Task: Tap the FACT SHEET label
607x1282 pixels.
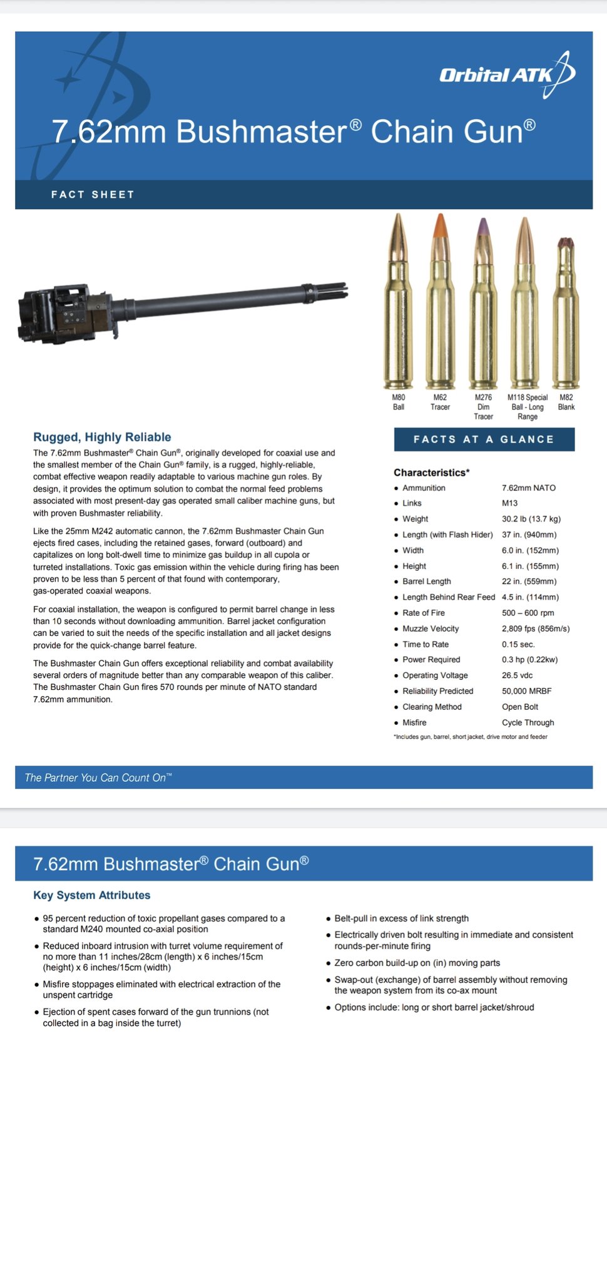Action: (93, 195)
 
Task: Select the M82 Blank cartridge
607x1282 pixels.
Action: (566, 313)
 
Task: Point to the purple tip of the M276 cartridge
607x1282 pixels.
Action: (482, 226)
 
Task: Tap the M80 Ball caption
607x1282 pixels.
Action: (399, 402)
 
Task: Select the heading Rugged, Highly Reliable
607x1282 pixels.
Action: (102, 437)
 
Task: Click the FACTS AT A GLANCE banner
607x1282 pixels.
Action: (484, 439)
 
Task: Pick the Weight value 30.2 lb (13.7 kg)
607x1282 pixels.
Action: (531, 519)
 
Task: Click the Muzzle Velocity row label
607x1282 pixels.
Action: (431, 628)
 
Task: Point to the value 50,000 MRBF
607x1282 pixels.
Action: (526, 691)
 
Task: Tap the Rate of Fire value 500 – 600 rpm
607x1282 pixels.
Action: (528, 613)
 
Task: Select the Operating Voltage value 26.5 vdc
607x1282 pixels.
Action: (517, 675)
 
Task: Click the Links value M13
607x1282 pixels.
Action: (509, 503)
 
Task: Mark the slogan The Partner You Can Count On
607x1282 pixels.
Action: (98, 777)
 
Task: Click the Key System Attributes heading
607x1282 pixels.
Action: (92, 895)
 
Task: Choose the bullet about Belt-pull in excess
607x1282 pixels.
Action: (401, 918)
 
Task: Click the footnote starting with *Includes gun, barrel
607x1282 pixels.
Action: (471, 737)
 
